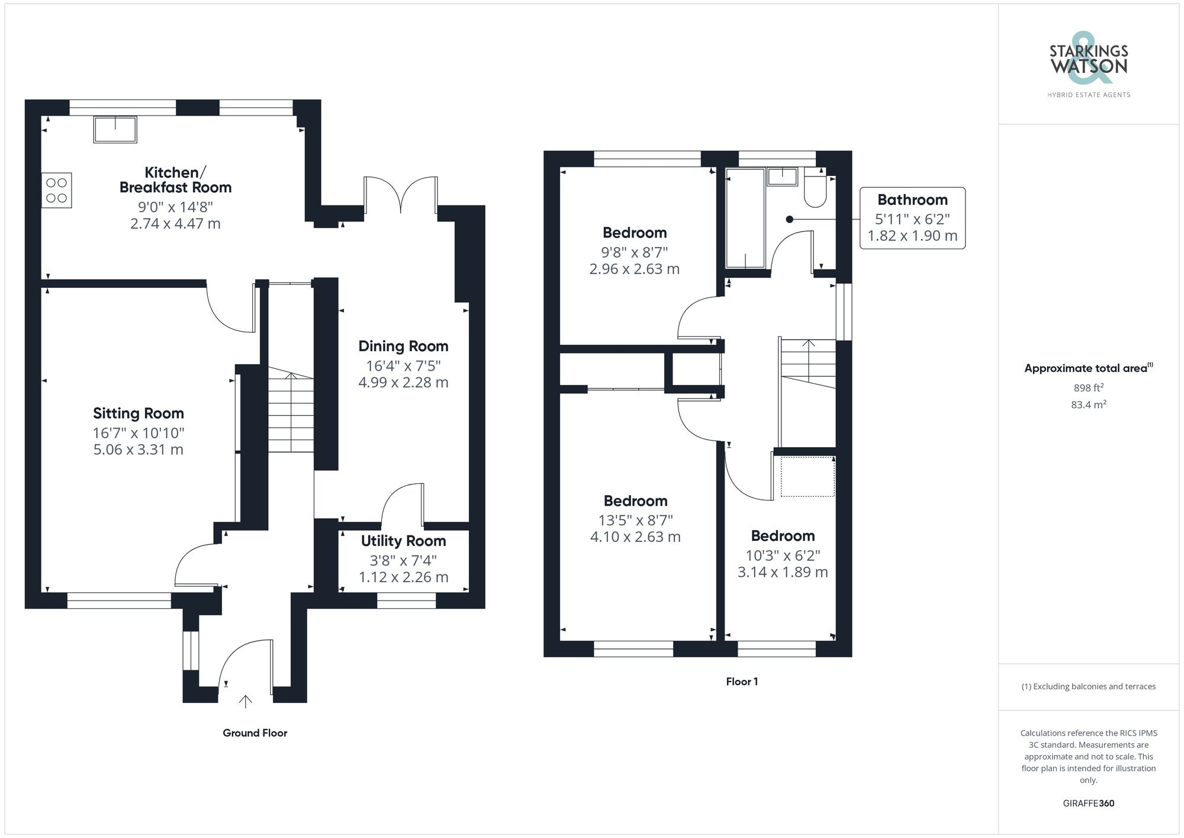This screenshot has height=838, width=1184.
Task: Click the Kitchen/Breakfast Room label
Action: [x=175, y=180]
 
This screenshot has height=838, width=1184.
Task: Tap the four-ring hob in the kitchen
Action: [x=56, y=190]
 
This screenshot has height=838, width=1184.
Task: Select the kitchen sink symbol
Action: [x=115, y=130]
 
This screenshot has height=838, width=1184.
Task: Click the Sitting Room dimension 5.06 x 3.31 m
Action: [x=138, y=449]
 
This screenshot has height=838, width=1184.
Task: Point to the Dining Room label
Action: [x=403, y=346]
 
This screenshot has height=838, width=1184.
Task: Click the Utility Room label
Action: [x=403, y=541]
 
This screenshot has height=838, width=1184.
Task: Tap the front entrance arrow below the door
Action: [x=245, y=701]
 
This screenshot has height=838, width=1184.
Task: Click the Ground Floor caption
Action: [x=255, y=733]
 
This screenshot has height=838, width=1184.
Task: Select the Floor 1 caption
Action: [x=742, y=682]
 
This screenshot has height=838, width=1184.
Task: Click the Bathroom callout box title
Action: [x=912, y=200]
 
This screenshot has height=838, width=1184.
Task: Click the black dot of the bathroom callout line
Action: [x=789, y=219]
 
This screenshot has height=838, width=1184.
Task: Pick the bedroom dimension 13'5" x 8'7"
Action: [x=635, y=520]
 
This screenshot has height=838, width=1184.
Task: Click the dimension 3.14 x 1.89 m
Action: [x=782, y=572]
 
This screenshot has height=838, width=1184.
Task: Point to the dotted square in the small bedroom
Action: [x=807, y=476]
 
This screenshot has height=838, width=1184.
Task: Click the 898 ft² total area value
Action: [x=1088, y=388]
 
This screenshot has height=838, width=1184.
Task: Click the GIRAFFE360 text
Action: [x=1088, y=803]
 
